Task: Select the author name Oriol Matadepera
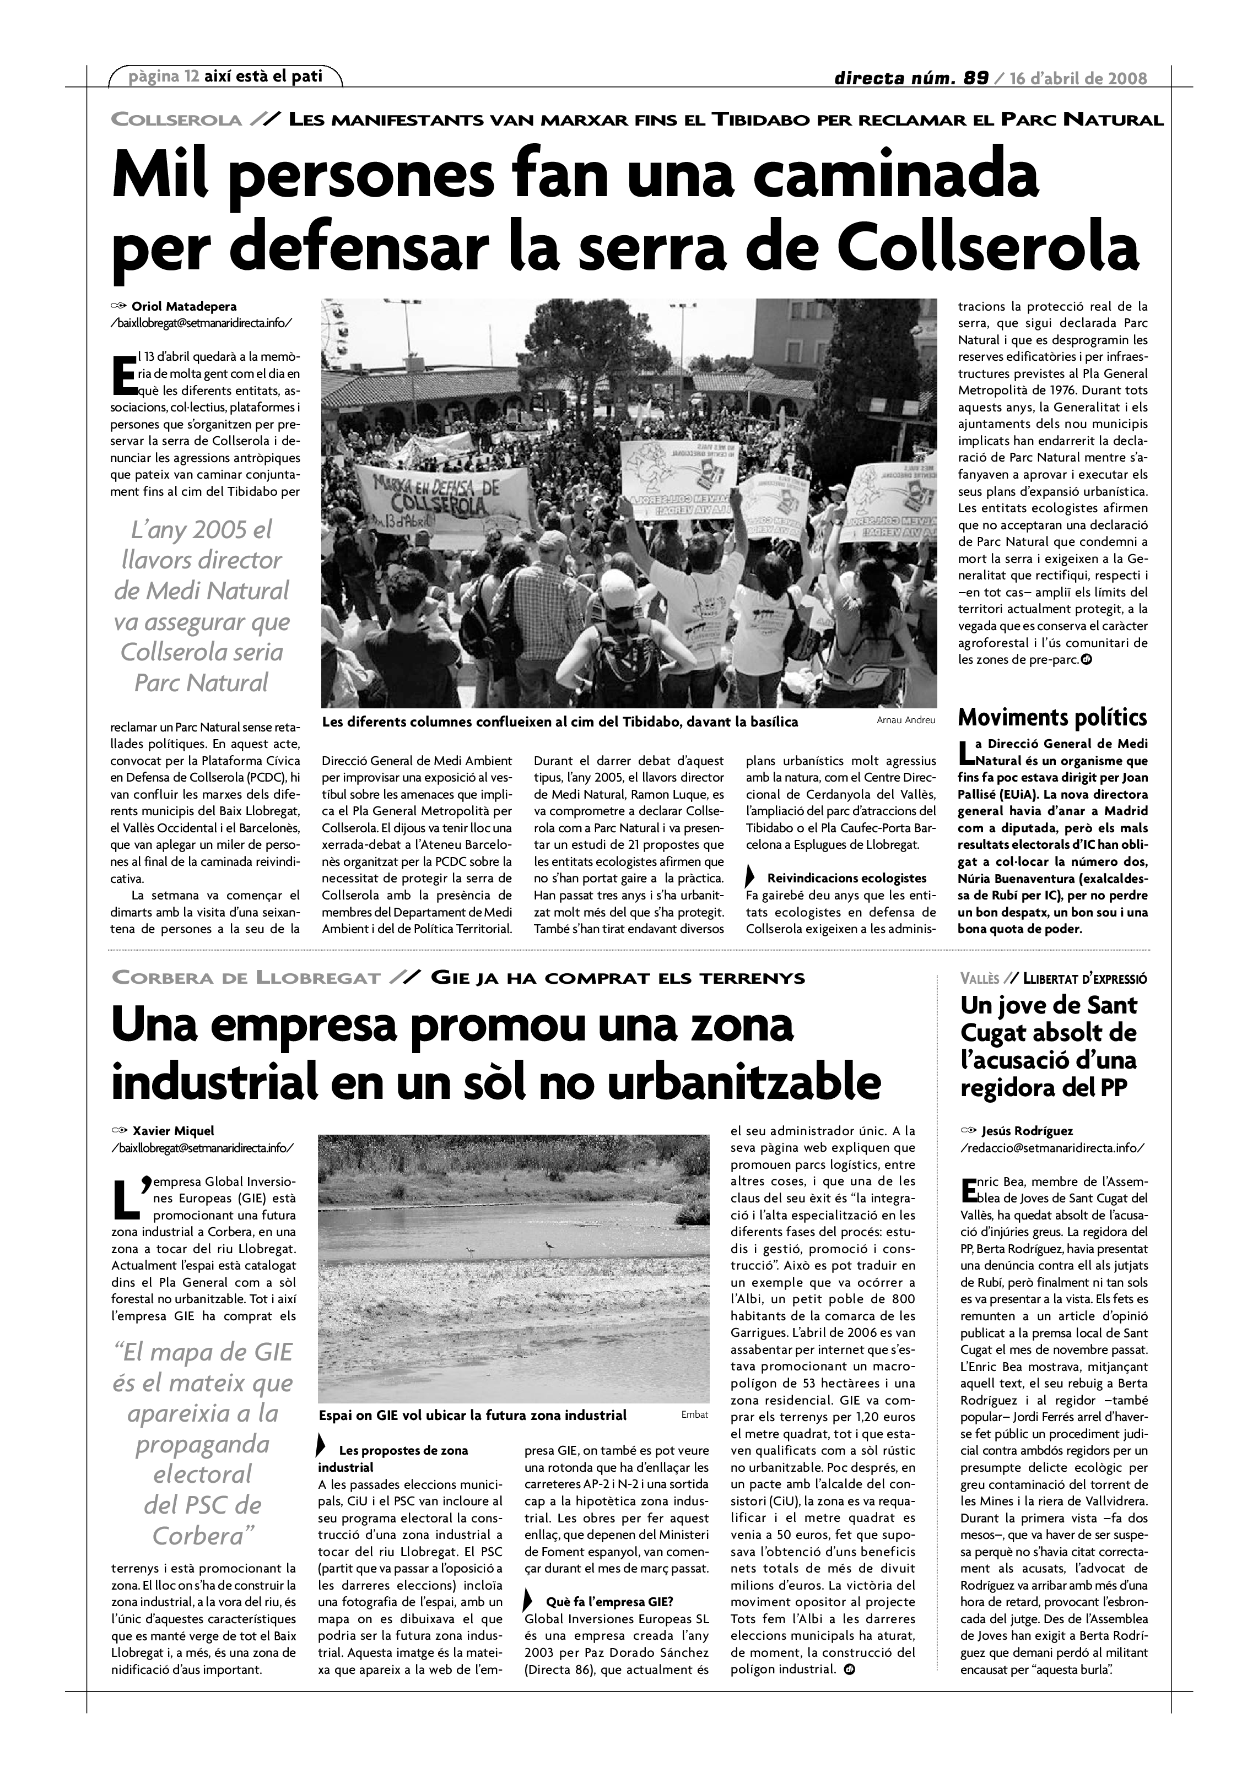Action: (x=185, y=307)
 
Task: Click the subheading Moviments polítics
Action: (x=1052, y=717)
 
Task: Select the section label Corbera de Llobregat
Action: (x=246, y=978)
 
